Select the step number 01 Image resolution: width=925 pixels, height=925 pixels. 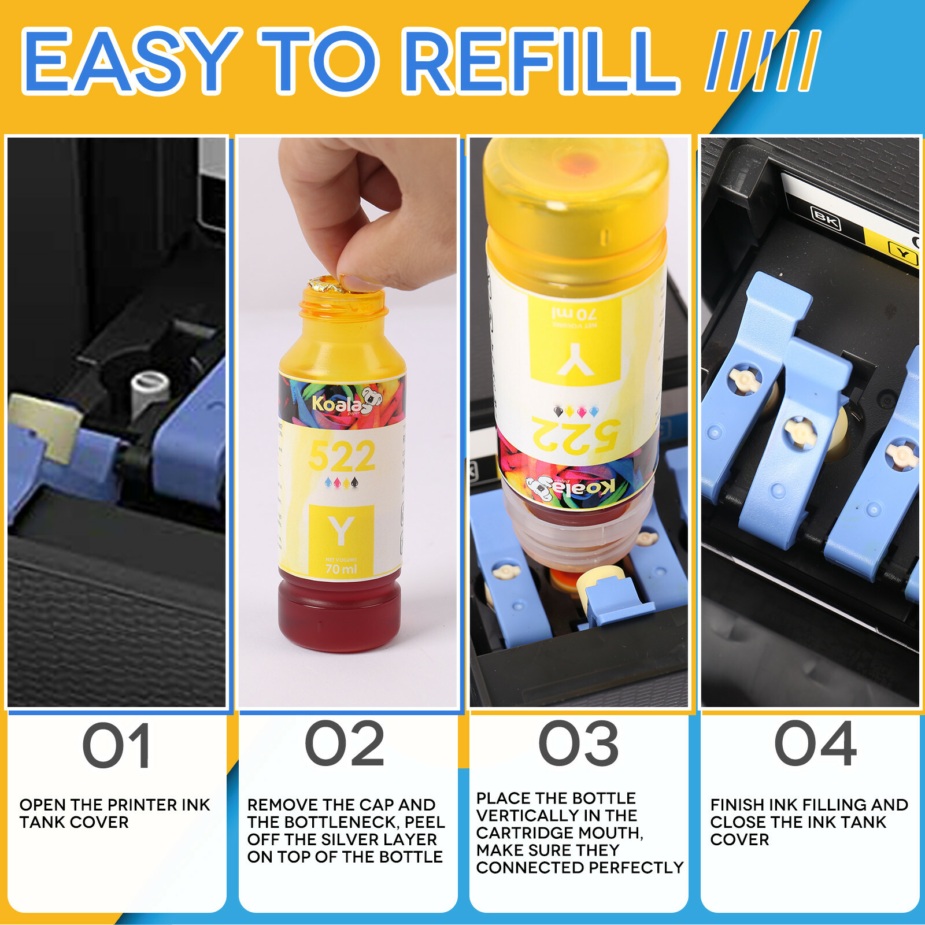pyautogui.click(x=117, y=746)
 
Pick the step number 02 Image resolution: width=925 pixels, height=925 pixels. pyautogui.click(x=345, y=744)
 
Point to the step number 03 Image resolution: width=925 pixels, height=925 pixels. pyautogui.click(x=579, y=744)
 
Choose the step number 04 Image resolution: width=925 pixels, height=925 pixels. pyautogui.click(x=815, y=744)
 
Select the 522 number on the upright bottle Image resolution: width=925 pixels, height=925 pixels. pyautogui.click(x=342, y=457)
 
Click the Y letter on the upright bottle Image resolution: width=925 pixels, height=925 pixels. pyautogui.click(x=341, y=531)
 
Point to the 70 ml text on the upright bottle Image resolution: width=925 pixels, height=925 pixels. pyautogui.click(x=341, y=569)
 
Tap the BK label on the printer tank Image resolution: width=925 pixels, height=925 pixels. pyautogui.click(x=826, y=217)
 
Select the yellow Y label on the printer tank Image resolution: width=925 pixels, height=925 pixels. pyautogui.click(x=902, y=253)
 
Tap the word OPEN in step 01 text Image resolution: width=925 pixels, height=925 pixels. pyautogui.click(x=42, y=805)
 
